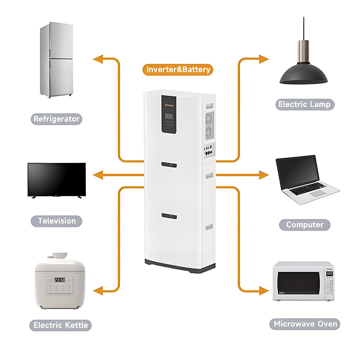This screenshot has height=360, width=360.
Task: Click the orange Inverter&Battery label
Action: [x=178, y=69]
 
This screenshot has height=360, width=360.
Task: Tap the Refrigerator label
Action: [x=56, y=119]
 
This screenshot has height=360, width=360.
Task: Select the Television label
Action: [x=57, y=221]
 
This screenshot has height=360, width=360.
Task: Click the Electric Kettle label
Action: [x=61, y=325]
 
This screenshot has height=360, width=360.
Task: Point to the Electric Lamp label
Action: [x=305, y=104]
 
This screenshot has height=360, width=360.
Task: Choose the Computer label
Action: [x=305, y=225]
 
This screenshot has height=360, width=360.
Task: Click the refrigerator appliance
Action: [x=56, y=60]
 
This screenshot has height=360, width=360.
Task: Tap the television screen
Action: [x=56, y=179]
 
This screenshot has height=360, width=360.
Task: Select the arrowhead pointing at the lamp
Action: [x=264, y=59]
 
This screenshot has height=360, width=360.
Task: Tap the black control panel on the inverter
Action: [x=169, y=114]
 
